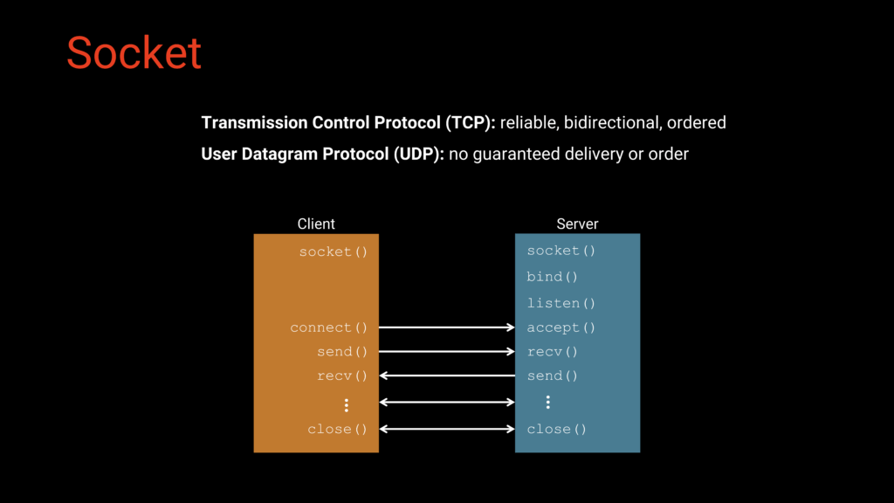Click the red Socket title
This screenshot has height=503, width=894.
tap(134, 52)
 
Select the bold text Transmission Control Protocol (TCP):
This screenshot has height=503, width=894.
tap(348, 123)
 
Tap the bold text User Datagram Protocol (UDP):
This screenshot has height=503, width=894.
tap(323, 154)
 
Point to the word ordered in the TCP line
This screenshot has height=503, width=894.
tap(697, 123)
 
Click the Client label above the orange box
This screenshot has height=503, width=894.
tap(316, 224)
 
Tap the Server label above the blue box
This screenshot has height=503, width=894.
tap(577, 224)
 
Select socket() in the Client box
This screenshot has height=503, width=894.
tap(333, 251)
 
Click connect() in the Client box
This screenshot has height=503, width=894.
tap(328, 328)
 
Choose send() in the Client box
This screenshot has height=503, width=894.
tap(342, 352)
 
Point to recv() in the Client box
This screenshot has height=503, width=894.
tap(342, 376)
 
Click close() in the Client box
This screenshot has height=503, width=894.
tap(337, 430)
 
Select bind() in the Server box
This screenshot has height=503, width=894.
tap(553, 277)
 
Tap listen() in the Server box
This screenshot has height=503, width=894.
tap(561, 303)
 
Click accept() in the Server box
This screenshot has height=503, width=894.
tap(561, 328)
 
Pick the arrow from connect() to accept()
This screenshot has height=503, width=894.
tap(447, 327)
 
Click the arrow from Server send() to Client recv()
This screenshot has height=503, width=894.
tap(447, 376)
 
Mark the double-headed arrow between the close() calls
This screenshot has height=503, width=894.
tap(447, 429)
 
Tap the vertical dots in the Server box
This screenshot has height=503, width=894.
tap(548, 403)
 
